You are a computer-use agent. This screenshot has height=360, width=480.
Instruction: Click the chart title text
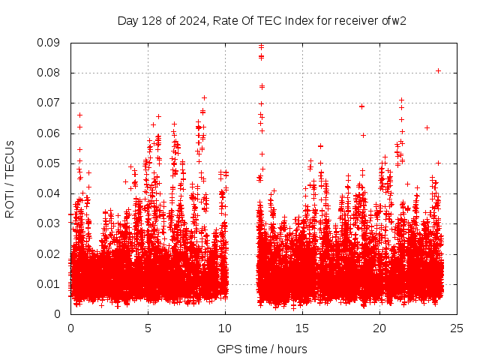click(262, 20)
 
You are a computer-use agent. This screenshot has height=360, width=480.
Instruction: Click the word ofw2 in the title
click(394, 20)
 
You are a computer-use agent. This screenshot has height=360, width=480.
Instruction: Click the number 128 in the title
click(159, 20)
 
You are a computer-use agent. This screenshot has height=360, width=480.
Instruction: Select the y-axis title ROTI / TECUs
click(10, 178)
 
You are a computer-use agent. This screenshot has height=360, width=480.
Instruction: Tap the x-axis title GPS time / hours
click(262, 349)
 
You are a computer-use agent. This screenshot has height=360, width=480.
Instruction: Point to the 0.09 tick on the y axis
click(51, 43)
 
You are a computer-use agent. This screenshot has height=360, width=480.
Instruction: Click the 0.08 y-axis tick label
click(51, 73)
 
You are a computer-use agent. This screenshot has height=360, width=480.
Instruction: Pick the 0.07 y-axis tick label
click(51, 103)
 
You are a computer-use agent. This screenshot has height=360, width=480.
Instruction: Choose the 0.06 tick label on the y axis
click(51, 133)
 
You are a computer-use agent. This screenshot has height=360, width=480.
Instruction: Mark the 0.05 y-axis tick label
click(51, 163)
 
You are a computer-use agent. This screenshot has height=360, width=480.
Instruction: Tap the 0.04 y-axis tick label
click(51, 193)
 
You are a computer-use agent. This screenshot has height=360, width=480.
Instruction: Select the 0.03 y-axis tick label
click(51, 223)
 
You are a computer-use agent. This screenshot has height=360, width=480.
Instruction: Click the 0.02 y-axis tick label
click(51, 253)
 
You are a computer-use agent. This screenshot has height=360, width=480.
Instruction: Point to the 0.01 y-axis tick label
click(51, 283)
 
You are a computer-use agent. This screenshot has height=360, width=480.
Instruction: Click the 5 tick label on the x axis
click(148, 328)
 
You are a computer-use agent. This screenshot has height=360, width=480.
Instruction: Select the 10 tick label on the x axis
click(225, 328)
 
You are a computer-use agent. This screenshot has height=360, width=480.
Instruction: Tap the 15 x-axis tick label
click(302, 328)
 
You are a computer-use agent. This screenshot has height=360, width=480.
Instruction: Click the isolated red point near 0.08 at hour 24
click(438, 71)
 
